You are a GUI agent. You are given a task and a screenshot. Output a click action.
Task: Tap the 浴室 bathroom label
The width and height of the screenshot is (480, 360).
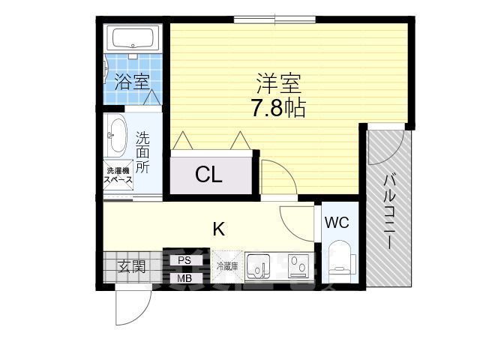click(132, 82)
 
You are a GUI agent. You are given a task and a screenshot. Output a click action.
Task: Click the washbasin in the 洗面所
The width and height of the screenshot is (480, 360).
click(116, 136)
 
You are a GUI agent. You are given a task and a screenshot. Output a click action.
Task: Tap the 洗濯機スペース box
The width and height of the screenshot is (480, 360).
click(118, 175)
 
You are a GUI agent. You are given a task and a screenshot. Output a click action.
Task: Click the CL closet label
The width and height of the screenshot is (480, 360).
click(208, 175)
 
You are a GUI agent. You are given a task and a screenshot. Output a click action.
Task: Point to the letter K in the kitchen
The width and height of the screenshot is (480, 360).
click(218, 229)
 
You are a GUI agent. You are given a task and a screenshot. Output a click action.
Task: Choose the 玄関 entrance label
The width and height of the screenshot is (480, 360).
click(130, 265)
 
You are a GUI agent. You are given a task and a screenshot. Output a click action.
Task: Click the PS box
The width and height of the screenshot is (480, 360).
click(184, 261)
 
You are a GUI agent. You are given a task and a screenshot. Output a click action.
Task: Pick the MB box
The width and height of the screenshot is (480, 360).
click(184, 279)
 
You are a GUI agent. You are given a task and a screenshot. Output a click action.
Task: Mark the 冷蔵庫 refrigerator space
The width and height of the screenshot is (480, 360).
click(226, 266)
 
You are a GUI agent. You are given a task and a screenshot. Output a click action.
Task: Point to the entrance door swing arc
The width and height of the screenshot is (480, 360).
click(135, 307)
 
